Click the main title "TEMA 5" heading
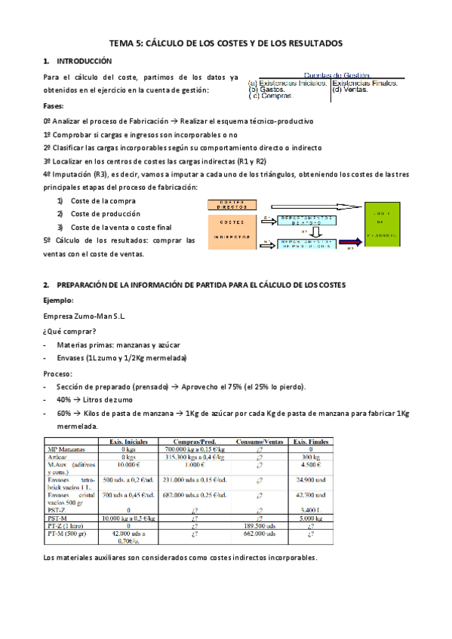(x=226, y=44)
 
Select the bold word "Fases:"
(x=54, y=106)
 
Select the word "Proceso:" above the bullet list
(x=59, y=374)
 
